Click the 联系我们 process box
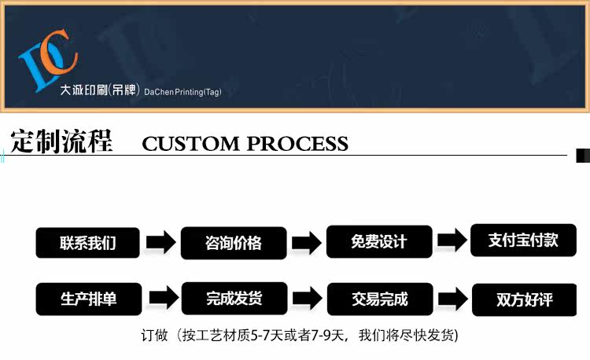click(87, 243)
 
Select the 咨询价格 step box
click(233, 243)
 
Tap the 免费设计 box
click(379, 242)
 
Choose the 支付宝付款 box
click(523, 241)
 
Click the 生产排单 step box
click(87, 299)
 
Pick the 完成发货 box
click(234, 299)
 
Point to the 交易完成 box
click(379, 299)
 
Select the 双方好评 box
click(524, 299)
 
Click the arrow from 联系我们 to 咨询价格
click(160, 242)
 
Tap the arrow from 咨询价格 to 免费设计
click(307, 242)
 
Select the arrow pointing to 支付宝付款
click(452, 241)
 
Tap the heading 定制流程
click(61, 141)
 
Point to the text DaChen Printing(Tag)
click(183, 92)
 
